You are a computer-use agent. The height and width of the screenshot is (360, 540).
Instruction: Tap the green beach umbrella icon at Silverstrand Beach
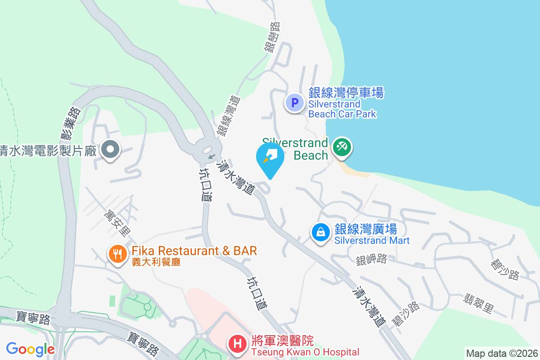(342, 147)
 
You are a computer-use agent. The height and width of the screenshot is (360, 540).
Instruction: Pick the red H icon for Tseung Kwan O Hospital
(238, 345)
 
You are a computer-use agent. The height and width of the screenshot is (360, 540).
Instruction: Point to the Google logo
(30, 349)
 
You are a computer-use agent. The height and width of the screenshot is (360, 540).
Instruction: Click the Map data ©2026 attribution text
(502, 353)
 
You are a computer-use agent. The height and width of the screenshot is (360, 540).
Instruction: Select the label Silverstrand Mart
(372, 240)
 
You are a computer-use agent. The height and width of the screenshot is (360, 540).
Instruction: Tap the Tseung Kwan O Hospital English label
(305, 352)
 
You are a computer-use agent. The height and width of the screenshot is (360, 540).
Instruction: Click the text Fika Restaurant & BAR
(194, 251)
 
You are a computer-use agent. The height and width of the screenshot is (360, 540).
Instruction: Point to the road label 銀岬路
(371, 259)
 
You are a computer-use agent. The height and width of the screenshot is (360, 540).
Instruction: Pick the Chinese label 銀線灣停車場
(346, 93)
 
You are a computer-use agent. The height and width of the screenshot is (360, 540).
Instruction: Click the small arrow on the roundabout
(211, 157)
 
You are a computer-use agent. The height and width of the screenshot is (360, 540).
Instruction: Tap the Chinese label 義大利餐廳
(156, 261)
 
